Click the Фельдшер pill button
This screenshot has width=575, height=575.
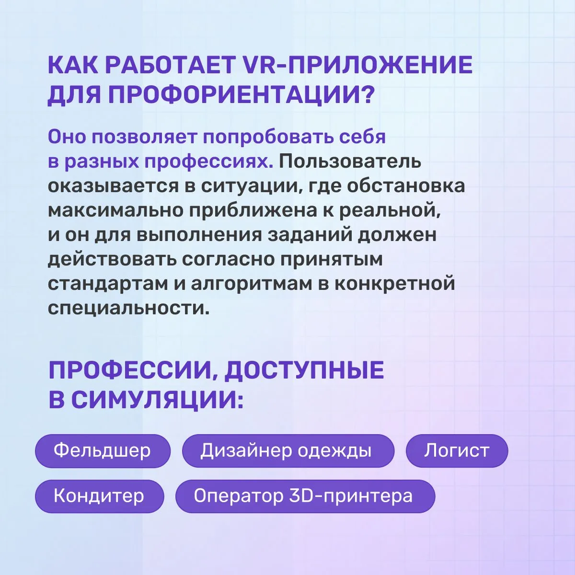103,450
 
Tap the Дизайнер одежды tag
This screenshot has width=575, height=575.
288,450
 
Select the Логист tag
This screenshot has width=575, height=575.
457,450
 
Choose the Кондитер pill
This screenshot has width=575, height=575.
99,496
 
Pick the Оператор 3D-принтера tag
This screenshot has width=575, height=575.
305,496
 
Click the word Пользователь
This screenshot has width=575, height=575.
350,161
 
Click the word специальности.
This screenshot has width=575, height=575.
128,308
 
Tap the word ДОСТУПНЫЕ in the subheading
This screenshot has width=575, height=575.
304,370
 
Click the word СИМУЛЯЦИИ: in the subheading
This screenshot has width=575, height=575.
157,400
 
